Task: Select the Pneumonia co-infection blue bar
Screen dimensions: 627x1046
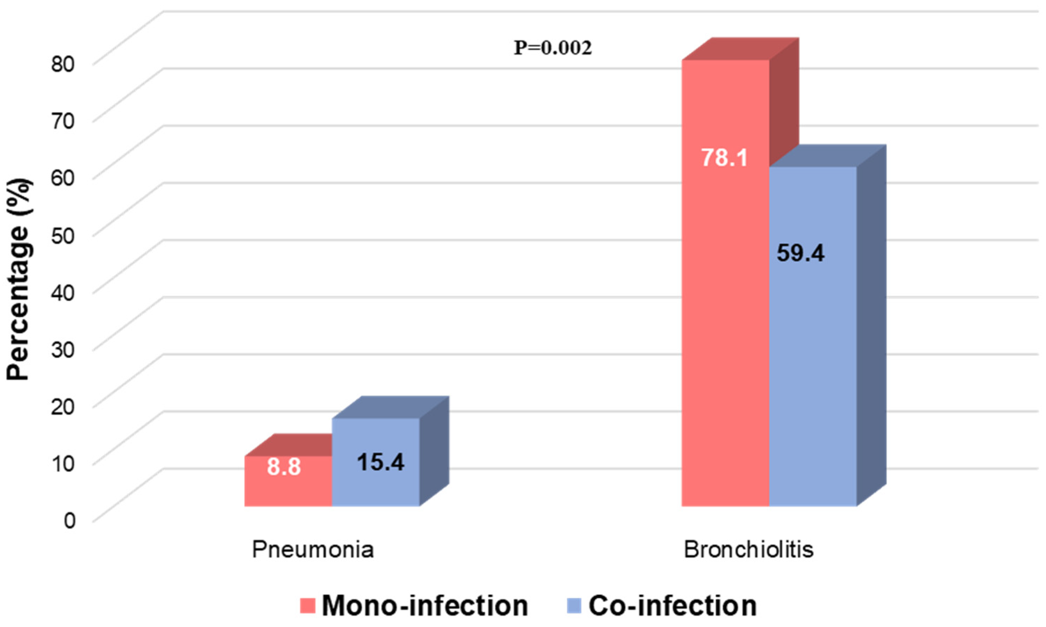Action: coord(376,486)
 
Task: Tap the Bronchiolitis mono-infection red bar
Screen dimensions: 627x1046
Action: coord(725,338)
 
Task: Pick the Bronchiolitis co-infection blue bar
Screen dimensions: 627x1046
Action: coord(813,380)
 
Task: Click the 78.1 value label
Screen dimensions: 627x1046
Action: coord(724,158)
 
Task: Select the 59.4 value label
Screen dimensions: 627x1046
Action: coord(801,253)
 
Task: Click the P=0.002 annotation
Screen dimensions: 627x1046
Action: coord(553,48)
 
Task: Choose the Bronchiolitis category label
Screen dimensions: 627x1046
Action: coord(749,550)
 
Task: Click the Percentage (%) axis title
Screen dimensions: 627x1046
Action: coord(19,279)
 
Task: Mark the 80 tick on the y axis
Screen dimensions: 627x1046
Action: coord(63,64)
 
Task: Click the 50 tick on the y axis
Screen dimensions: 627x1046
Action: coord(63,235)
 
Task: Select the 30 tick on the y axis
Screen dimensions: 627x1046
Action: coord(63,349)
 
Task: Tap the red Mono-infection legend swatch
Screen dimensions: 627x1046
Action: coord(308,606)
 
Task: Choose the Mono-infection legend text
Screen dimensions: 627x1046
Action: coord(425,606)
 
